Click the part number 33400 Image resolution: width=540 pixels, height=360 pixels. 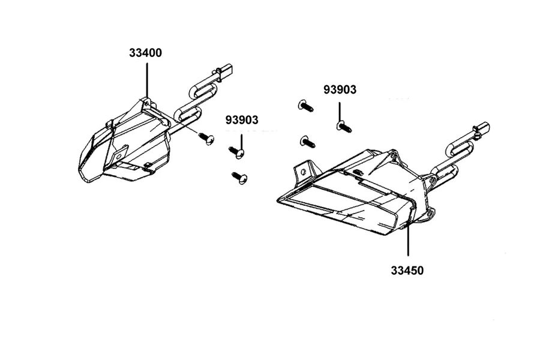(145, 53)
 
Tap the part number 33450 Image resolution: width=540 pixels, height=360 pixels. (407, 271)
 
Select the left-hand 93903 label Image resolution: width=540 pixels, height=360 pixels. (242, 120)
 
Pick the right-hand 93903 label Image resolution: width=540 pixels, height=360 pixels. (340, 89)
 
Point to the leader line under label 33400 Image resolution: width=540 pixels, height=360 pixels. (147, 80)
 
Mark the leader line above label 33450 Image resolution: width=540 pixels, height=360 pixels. (408, 239)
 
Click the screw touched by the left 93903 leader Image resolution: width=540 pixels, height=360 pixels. (236, 152)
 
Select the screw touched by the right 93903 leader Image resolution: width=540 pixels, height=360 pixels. (344, 127)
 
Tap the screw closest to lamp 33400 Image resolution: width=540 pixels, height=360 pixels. (206, 138)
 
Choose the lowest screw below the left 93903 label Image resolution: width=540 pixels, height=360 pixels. (239, 178)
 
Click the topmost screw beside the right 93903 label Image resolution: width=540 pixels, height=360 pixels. (306, 106)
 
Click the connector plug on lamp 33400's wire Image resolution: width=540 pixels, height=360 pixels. (225, 70)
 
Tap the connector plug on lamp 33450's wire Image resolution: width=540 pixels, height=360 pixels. (482, 129)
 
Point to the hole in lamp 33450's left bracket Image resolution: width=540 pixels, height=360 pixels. (304, 172)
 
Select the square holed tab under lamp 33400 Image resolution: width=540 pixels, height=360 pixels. (120, 154)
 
